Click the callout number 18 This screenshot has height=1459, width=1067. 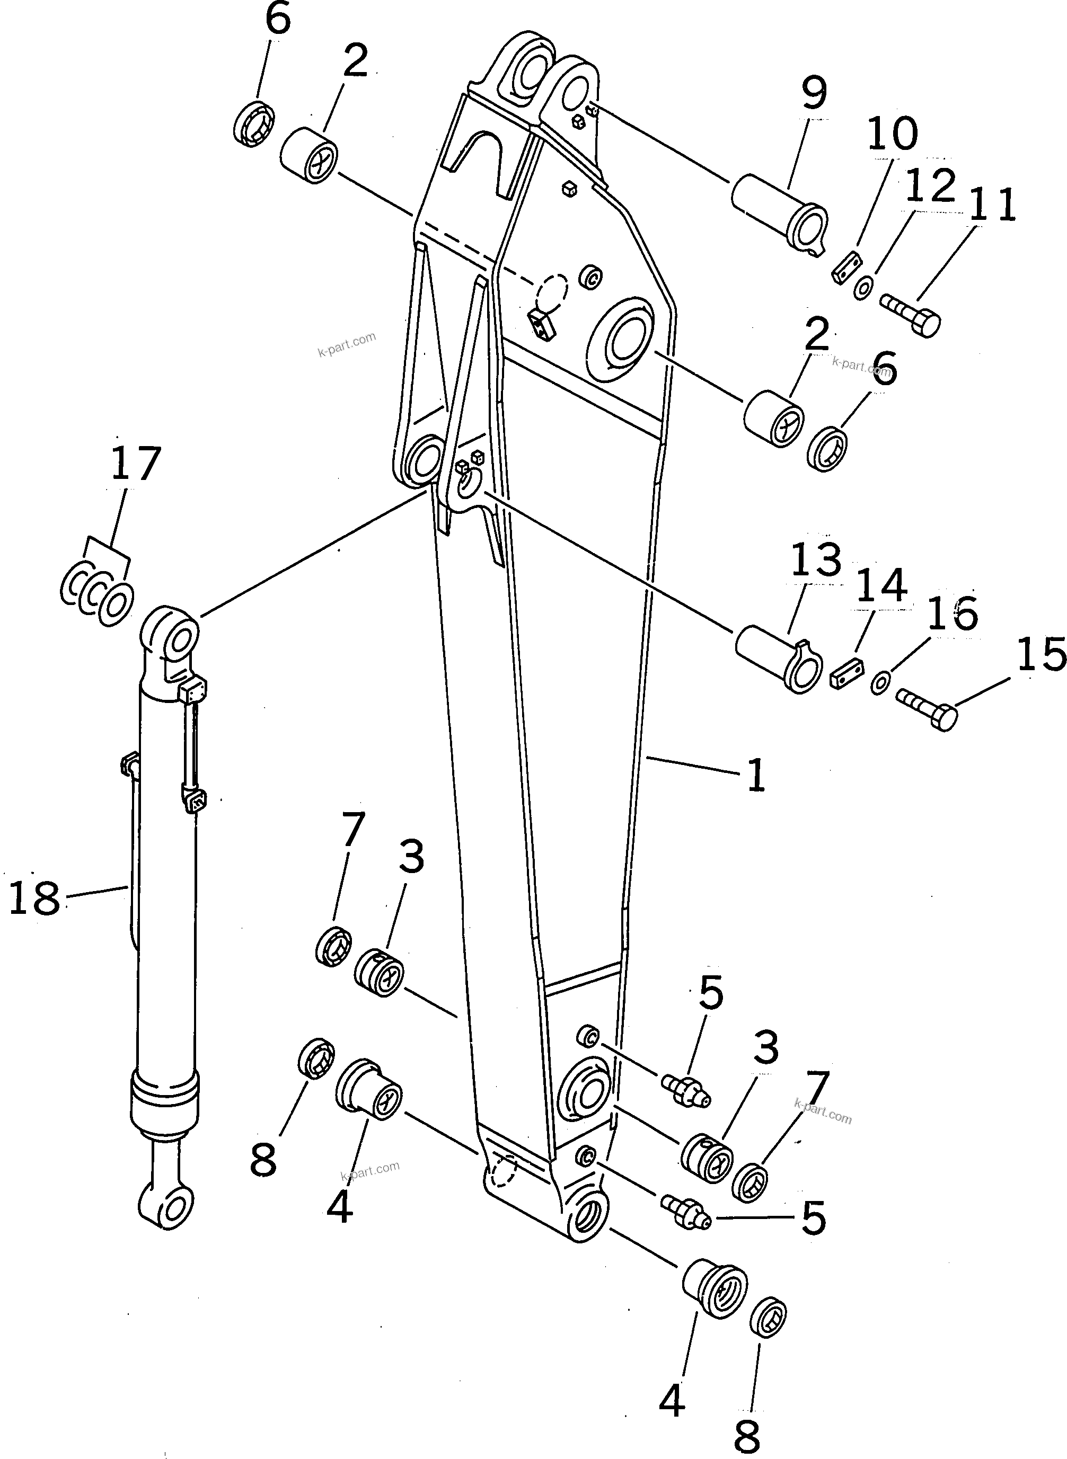(x=36, y=898)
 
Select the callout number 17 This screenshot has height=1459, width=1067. (x=135, y=463)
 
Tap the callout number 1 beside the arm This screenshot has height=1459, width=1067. (x=756, y=775)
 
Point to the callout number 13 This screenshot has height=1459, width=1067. (x=816, y=560)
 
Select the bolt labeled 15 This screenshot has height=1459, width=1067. (x=927, y=708)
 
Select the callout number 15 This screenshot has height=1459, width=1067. (x=1040, y=654)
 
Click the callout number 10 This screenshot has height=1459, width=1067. (x=892, y=134)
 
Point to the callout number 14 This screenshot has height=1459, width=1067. (x=883, y=585)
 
